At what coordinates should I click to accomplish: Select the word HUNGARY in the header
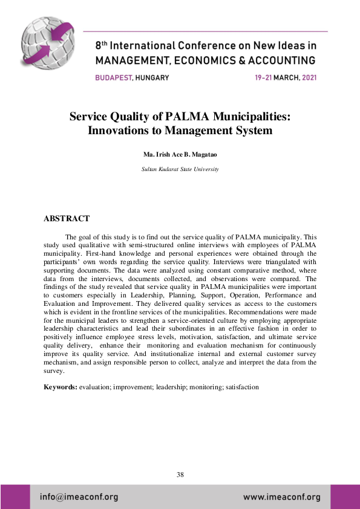point(152,77)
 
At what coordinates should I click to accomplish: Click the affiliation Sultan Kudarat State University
point(180,169)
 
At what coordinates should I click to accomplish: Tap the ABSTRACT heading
point(67,218)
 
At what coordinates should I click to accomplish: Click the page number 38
point(180,475)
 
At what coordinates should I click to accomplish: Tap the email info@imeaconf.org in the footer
point(79,498)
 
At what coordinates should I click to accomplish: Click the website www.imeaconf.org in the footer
point(281,498)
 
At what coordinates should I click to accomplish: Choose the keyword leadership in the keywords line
point(172,386)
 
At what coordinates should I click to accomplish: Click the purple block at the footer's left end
point(15,497)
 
